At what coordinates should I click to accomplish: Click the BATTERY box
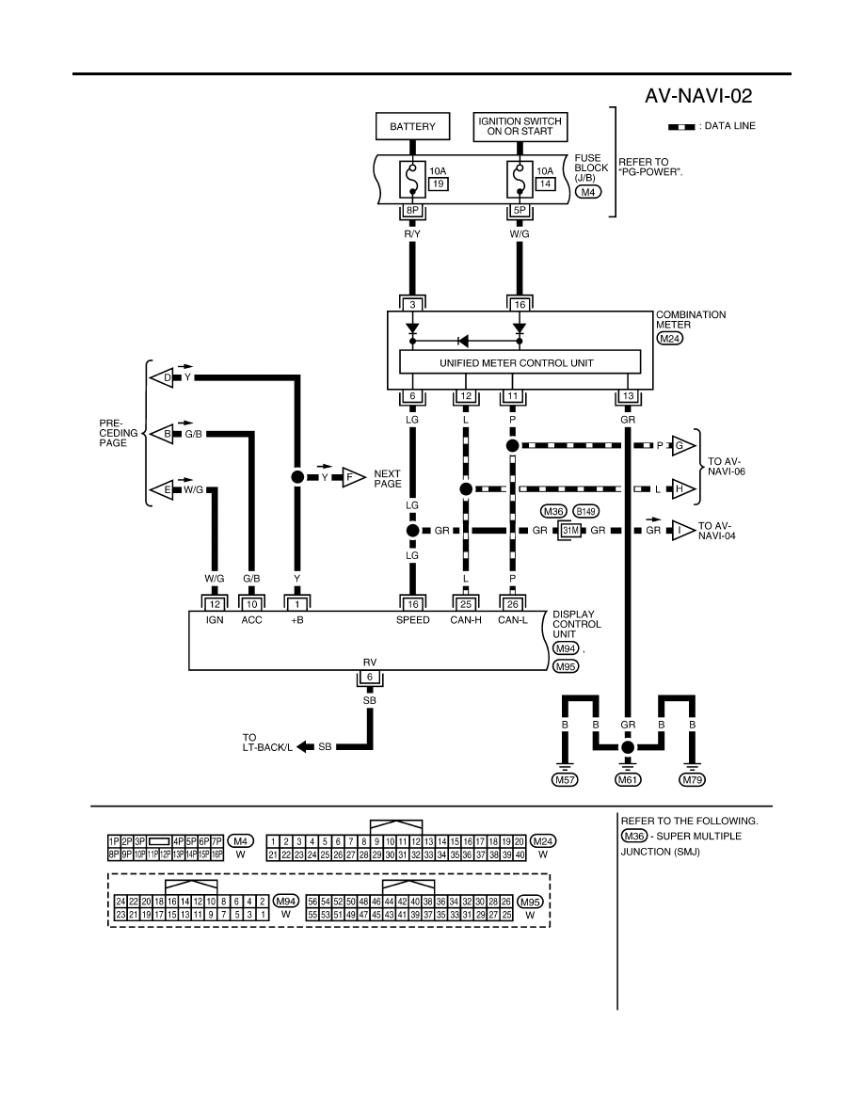pos(412,126)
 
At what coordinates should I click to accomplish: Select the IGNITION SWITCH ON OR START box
pos(520,126)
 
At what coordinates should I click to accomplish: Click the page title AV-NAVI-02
pos(698,96)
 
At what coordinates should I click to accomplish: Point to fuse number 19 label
pos(438,184)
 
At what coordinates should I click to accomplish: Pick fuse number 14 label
pos(545,184)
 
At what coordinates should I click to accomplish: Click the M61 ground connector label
pos(628,779)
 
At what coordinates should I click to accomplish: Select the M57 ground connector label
pos(566,779)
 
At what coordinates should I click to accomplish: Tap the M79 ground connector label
pos(692,779)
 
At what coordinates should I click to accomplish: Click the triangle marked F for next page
pos(352,477)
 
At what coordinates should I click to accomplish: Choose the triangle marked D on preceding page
pos(163,377)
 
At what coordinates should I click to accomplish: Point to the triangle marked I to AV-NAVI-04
pos(683,531)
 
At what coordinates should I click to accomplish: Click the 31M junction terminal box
pos(570,531)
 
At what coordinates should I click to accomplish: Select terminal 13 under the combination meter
pos(628,396)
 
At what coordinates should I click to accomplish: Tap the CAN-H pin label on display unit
pos(466,620)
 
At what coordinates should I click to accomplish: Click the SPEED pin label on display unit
pos(413,620)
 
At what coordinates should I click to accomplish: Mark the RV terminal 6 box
pos(369,678)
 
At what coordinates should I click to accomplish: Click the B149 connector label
pos(585,511)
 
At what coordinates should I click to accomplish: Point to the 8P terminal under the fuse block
pos(412,211)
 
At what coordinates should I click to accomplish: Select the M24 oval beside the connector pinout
pos(543,841)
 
